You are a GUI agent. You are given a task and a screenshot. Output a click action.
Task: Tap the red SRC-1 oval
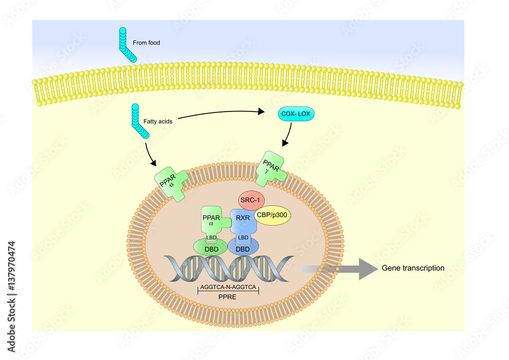(250, 200)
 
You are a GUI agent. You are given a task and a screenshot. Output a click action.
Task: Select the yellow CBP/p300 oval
(272, 215)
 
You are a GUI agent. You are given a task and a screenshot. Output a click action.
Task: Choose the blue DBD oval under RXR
(242, 249)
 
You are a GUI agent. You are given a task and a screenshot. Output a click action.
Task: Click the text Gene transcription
(413, 268)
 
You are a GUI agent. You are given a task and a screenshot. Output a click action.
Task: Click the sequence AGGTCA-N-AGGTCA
(228, 287)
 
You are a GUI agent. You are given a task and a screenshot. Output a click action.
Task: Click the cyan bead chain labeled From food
(126, 43)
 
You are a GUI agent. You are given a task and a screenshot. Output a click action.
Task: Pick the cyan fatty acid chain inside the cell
(138, 121)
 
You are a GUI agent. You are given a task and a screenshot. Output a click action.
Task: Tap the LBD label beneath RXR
(243, 238)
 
